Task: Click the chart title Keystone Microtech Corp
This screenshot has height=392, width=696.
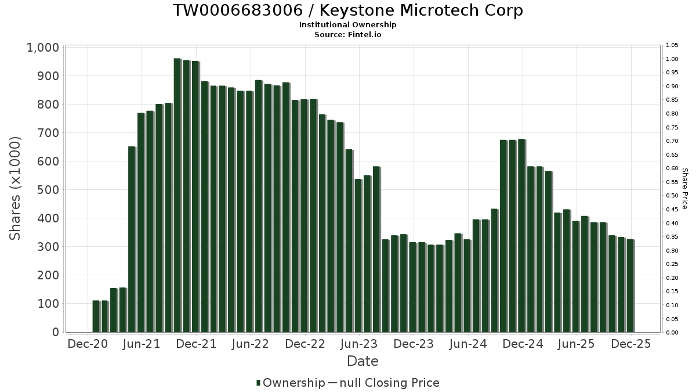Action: tap(348, 10)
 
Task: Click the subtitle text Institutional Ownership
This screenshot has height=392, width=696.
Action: tap(348, 25)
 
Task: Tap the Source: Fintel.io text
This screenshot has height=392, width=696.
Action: tap(348, 35)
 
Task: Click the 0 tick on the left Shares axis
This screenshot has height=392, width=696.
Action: tap(56, 332)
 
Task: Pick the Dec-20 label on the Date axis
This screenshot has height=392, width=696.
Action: tap(88, 344)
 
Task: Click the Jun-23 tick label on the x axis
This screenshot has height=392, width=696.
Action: tap(359, 344)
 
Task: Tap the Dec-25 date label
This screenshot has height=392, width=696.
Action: tap(630, 344)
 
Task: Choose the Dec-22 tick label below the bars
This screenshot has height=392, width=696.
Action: tap(305, 344)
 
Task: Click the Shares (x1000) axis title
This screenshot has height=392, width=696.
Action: tap(16, 189)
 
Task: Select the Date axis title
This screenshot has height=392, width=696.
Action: tap(362, 361)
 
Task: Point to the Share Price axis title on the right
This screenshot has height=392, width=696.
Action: tap(684, 189)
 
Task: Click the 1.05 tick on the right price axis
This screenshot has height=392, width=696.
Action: tap(672, 45)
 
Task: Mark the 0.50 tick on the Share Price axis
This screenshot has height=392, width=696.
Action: tap(672, 196)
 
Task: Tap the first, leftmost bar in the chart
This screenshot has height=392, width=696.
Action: tap(96, 317)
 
